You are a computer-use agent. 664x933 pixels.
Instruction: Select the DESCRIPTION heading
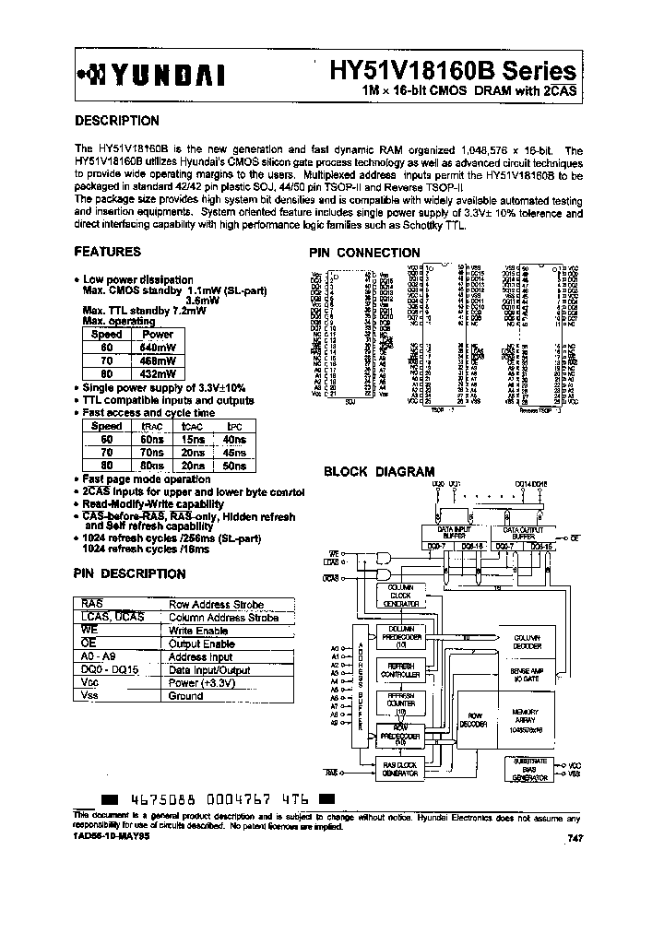(116, 121)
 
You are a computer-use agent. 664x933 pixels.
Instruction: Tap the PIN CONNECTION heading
(364, 253)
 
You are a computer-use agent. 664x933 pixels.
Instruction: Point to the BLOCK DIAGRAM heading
(378, 471)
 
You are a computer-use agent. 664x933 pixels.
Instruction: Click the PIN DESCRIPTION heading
(129, 573)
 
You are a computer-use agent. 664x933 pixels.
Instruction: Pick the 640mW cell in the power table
(157, 347)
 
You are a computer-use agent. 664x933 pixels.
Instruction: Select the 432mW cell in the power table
(157, 375)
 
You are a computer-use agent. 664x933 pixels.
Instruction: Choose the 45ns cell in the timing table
(234, 453)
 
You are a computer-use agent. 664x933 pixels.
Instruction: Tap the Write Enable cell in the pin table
(201, 631)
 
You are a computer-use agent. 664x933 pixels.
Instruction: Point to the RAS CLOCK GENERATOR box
(401, 768)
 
